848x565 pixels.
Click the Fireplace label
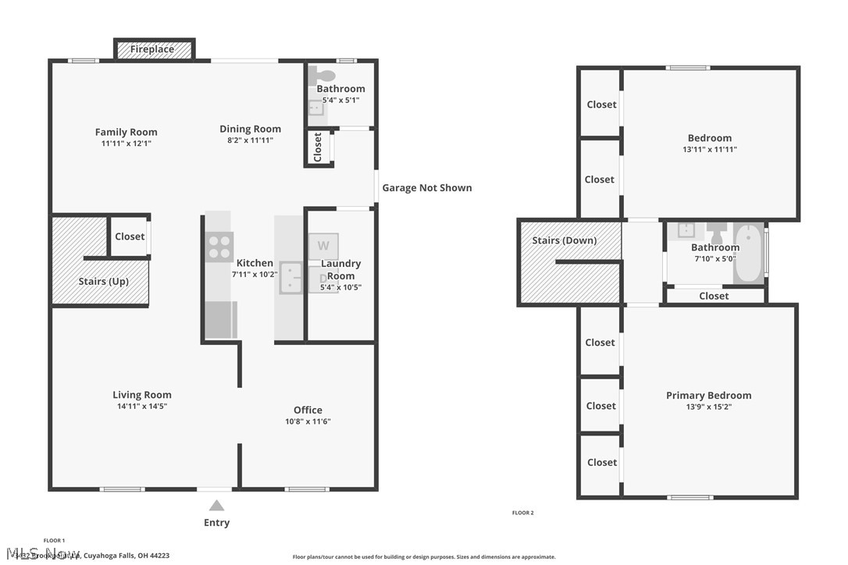point(152,49)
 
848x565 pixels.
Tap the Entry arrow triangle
point(216,506)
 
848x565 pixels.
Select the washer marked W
point(323,246)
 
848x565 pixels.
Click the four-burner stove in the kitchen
point(219,247)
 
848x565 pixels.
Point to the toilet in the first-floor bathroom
point(322,76)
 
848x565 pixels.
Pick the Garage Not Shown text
point(426,187)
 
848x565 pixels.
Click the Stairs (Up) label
point(103,281)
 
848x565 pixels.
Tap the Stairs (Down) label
point(564,240)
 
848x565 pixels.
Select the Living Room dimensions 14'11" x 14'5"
point(141,406)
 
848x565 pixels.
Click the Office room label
point(308,410)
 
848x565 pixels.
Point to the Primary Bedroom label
point(708,396)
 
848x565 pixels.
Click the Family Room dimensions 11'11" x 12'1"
point(126,144)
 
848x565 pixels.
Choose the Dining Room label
point(250,129)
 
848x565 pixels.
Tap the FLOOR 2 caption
point(522,513)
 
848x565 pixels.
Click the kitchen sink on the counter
point(292,277)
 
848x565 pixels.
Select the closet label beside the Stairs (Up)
point(130,236)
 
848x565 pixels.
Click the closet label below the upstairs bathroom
point(714,296)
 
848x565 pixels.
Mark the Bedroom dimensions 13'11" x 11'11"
point(709,149)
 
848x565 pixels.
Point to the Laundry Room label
point(341,270)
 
